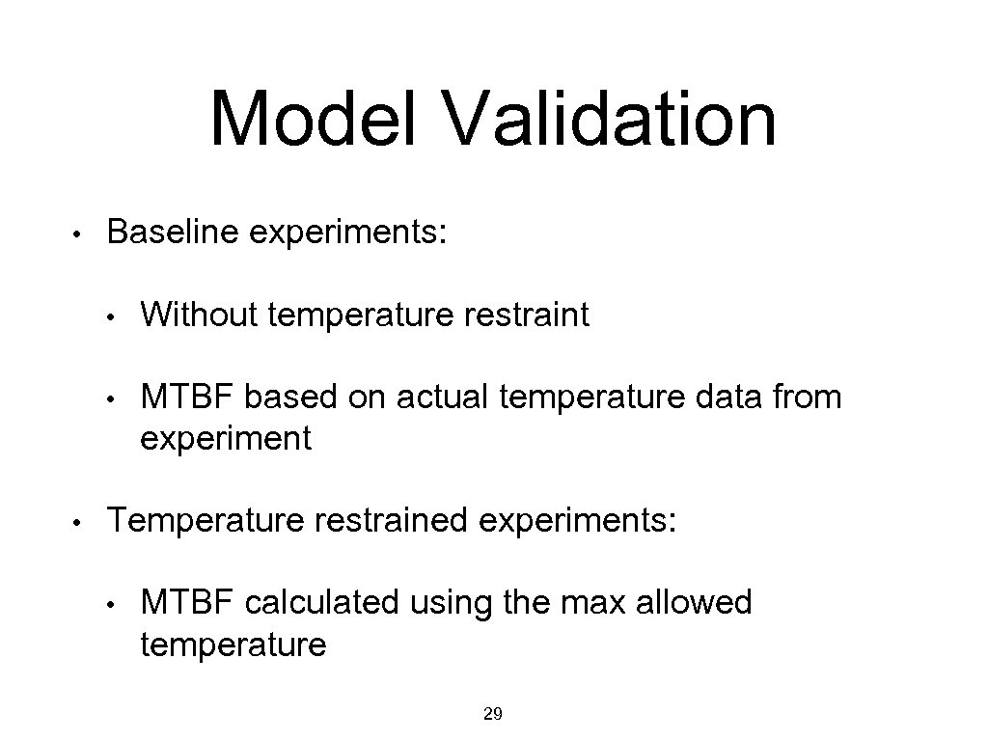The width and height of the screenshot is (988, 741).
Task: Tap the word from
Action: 804,397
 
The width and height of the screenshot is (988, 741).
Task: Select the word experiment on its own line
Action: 226,440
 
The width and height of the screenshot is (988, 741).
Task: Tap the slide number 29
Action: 492,714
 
